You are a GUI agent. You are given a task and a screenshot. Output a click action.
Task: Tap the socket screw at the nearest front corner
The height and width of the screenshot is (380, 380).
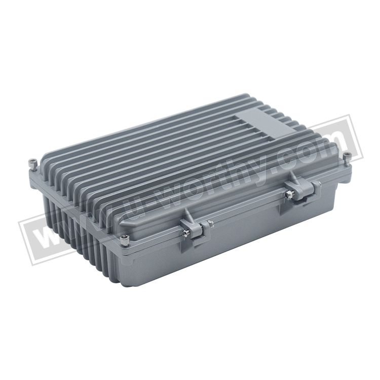coord(124,240)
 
